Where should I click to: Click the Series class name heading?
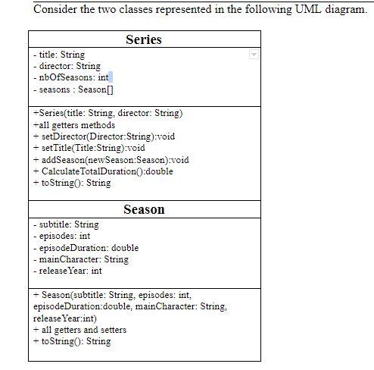pyautogui.click(x=143, y=39)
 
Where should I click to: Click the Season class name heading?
pyautogui.click(x=144, y=209)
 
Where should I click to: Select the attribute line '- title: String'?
pyautogui.click(x=59, y=55)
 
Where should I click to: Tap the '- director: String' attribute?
pyautogui.click(x=67, y=66)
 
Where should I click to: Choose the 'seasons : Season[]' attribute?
pyautogui.click(x=73, y=89)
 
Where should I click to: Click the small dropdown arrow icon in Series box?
pyautogui.click(x=254, y=55)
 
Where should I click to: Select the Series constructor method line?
pyautogui.click(x=108, y=113)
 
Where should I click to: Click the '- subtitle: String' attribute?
pyautogui.click(x=66, y=224)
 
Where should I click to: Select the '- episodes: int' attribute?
pyautogui.click(x=61, y=236)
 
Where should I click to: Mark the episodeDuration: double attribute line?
pyautogui.click(x=86, y=247)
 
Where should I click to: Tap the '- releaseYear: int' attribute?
pyautogui.click(x=67, y=271)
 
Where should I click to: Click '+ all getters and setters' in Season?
pyautogui.click(x=79, y=330)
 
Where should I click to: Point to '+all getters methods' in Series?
pyautogui.click(x=74, y=124)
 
